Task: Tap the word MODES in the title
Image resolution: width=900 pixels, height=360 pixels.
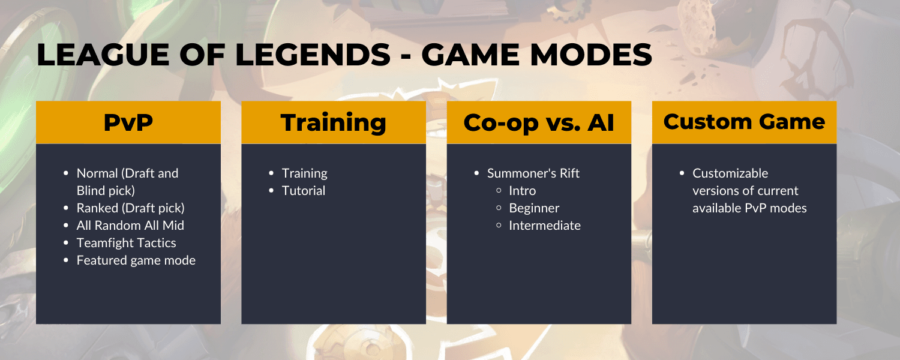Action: coord(590,55)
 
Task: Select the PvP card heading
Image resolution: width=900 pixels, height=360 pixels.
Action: coord(128,122)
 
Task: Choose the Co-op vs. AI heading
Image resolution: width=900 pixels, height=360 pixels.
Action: coord(539,123)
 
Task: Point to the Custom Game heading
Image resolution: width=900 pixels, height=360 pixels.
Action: coord(744,122)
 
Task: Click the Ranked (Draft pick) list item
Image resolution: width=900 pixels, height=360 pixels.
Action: coord(131,208)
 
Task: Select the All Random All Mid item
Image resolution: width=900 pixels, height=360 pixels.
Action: coord(130,226)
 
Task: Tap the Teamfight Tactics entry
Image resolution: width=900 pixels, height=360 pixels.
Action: coord(126,243)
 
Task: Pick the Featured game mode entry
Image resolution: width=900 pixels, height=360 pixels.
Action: coord(136,260)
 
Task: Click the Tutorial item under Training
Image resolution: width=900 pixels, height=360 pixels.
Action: coord(304,190)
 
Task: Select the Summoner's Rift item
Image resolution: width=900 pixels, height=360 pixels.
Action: coord(533,173)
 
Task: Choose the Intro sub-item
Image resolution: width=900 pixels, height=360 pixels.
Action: coord(523,190)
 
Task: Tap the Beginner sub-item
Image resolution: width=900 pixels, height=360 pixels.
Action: coord(534,208)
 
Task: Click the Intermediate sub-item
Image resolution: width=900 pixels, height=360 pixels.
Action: coord(545,226)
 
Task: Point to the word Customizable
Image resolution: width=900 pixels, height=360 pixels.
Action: coord(730,173)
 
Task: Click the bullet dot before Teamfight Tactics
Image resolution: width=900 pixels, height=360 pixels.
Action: coord(66,243)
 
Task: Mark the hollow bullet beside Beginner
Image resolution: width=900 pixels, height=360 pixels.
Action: coord(499,208)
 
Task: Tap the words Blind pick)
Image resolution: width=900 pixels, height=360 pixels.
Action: coord(106,190)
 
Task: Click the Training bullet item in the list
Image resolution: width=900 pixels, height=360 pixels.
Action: coord(305,173)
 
